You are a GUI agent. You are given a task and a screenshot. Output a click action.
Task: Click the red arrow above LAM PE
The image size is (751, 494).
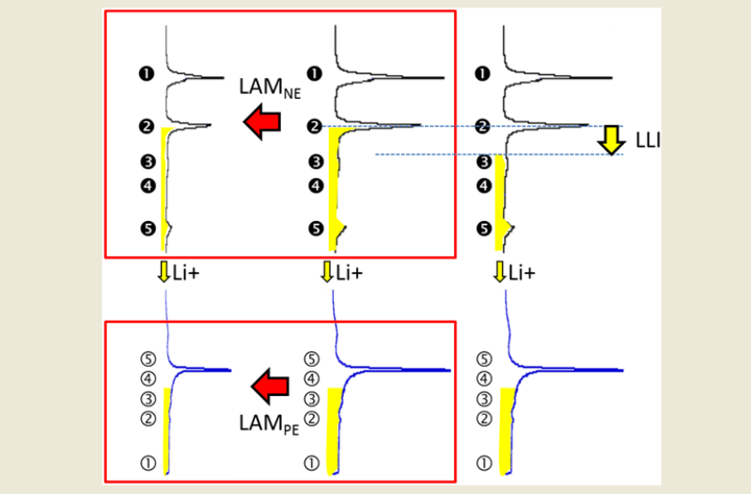click(270, 385)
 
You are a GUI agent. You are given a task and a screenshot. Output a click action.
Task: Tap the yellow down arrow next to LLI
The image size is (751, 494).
click(613, 139)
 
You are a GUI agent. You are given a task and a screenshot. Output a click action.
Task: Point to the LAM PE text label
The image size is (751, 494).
click(263, 417)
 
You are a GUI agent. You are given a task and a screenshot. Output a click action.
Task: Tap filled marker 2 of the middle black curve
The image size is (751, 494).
click(316, 126)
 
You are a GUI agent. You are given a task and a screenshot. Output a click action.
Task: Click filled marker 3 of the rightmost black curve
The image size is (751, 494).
click(483, 162)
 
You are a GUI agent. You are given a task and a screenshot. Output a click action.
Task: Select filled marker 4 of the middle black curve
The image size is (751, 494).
click(316, 185)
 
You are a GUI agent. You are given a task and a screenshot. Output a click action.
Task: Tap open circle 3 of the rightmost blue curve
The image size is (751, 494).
click(485, 399)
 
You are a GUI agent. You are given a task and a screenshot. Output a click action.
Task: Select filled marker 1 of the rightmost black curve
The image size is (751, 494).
click(483, 72)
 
